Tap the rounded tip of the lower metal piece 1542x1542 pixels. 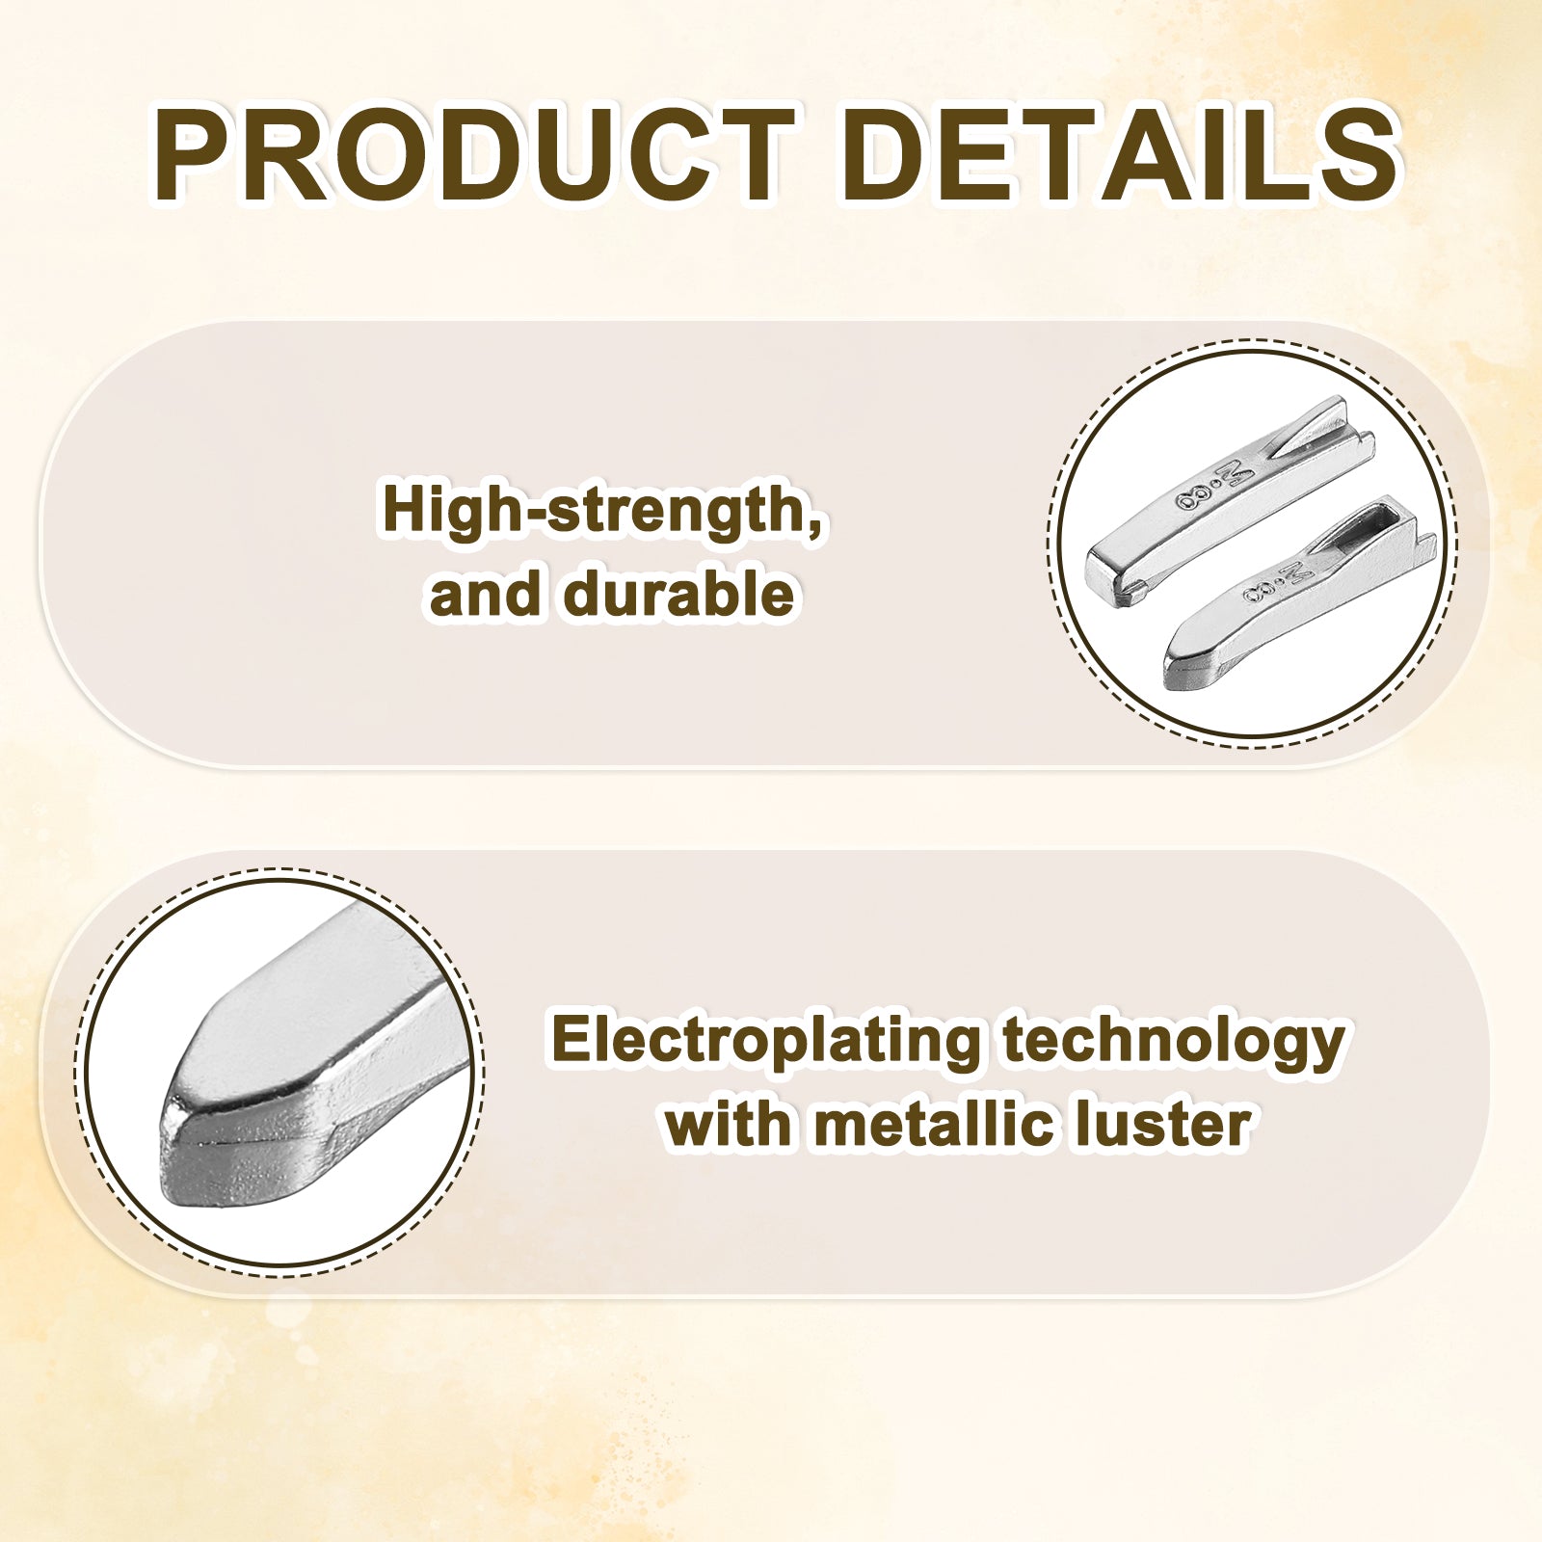[x=1172, y=670]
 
